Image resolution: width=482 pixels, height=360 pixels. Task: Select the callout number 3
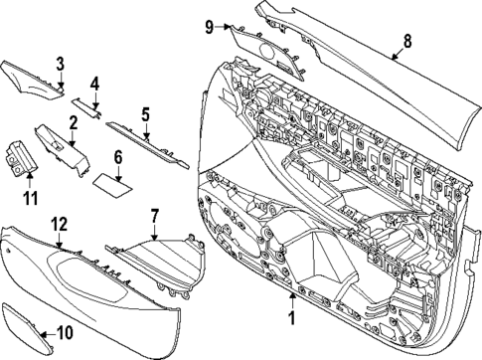[60, 65]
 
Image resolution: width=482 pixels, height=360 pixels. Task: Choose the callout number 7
[155, 215]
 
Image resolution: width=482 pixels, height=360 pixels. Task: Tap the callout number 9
[209, 25]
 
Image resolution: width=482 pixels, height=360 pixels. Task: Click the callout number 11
[29, 185]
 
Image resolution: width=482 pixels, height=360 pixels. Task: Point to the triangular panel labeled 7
[159, 261]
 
